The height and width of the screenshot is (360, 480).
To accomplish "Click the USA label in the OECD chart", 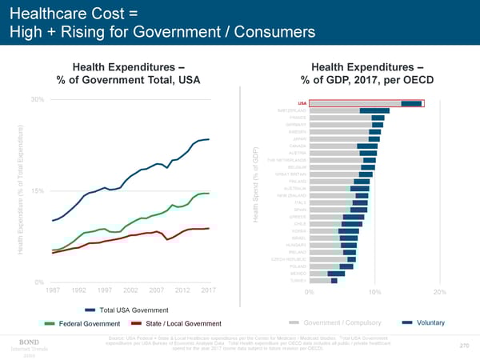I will [x=302, y=103].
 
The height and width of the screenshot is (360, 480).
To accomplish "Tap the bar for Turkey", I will [x=322, y=281].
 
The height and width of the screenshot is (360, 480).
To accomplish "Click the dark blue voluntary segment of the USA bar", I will [x=412, y=103].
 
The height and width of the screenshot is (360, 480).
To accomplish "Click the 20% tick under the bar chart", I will [x=438, y=292].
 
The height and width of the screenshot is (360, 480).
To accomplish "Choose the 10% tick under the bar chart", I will [x=373, y=292].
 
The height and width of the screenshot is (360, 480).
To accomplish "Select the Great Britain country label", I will [x=290, y=174].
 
